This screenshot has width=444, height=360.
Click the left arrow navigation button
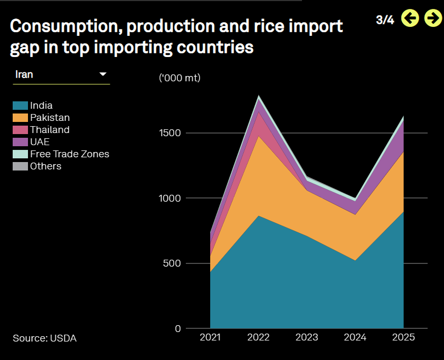[x=410, y=18]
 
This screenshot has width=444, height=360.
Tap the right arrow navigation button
[x=433, y=18]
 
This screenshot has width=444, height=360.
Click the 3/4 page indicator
[x=385, y=20]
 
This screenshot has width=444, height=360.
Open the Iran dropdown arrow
[x=103, y=74]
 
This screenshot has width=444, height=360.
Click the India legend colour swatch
[x=21, y=106]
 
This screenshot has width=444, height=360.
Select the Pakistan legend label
[x=50, y=118]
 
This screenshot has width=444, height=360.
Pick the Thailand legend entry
[x=41, y=130]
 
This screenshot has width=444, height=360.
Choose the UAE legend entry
[x=31, y=142]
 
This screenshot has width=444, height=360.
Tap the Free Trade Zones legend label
[x=70, y=154]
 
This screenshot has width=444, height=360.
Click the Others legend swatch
[x=21, y=166]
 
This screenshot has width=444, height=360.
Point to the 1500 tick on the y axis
[x=170, y=132]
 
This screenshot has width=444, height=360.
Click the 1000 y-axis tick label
[x=170, y=198]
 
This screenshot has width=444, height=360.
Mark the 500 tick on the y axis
[x=172, y=263]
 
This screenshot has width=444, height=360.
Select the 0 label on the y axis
[x=178, y=328]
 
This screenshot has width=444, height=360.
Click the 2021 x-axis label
[x=210, y=337]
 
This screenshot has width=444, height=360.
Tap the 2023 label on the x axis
[x=307, y=337]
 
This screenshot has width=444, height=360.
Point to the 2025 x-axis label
[x=403, y=337]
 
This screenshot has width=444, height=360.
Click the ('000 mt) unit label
[x=180, y=78]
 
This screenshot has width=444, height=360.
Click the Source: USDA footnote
[x=45, y=338]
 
